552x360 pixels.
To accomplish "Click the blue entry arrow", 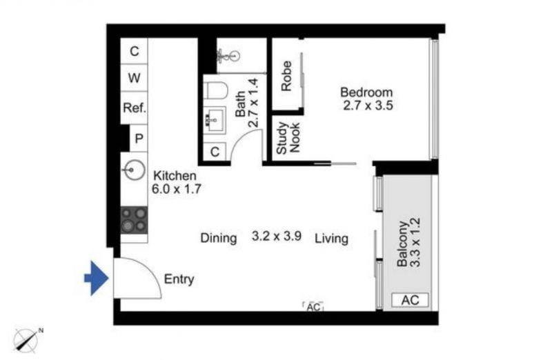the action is tap(96, 278).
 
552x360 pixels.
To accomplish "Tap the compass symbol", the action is tap(26, 340).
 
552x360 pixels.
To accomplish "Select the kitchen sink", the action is tap(134, 170).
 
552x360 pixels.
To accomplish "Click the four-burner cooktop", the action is tap(134, 220).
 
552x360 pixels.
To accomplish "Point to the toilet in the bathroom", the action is tap(217, 90).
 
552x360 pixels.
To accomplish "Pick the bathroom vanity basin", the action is tap(215, 119).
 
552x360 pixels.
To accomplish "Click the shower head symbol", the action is tap(228, 56).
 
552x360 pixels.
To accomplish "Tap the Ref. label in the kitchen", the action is tap(134, 108).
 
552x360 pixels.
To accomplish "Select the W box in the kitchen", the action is tap(134, 78).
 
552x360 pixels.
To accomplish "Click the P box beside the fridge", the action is tap(139, 139).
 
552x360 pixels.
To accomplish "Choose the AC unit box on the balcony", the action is tap(410, 300).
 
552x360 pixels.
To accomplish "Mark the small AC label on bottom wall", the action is tap(313, 307).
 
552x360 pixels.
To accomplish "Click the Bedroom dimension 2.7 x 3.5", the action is tap(368, 106).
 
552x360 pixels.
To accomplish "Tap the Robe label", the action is tap(286, 76).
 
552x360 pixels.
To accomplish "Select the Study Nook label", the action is tap(288, 138).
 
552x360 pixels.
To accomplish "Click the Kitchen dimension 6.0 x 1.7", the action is tap(177, 189).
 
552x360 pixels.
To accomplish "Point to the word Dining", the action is tap(219, 238).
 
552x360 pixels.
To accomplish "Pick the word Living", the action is tap(332, 239).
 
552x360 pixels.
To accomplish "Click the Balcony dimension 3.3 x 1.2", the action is tap(415, 243).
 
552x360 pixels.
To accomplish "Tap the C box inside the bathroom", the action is tap(215, 152).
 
